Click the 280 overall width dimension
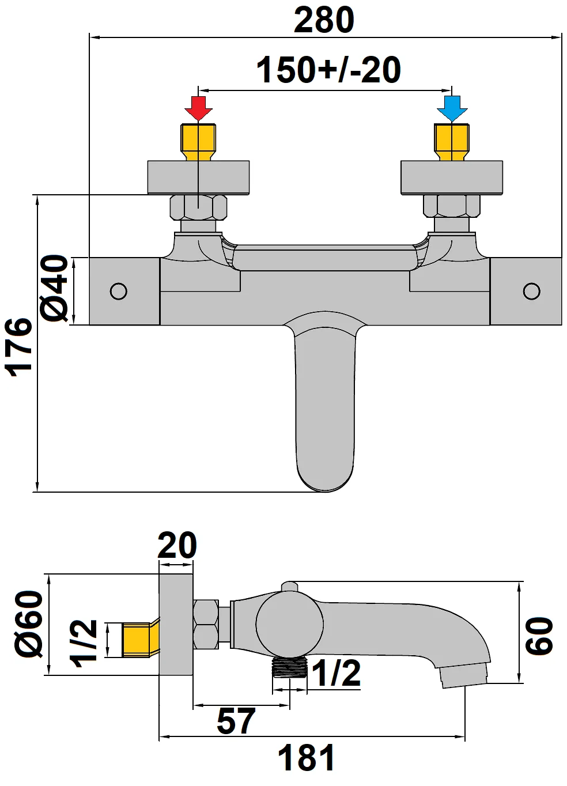coord(324,21)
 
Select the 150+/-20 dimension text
coord(328,70)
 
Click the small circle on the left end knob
coord(119,291)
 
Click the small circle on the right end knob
coord(531,291)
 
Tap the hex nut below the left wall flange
coord(198,207)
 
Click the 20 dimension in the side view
coord(177,546)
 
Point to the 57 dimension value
coord(236,721)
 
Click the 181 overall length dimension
coord(306,758)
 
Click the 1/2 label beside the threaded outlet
coord(337,672)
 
